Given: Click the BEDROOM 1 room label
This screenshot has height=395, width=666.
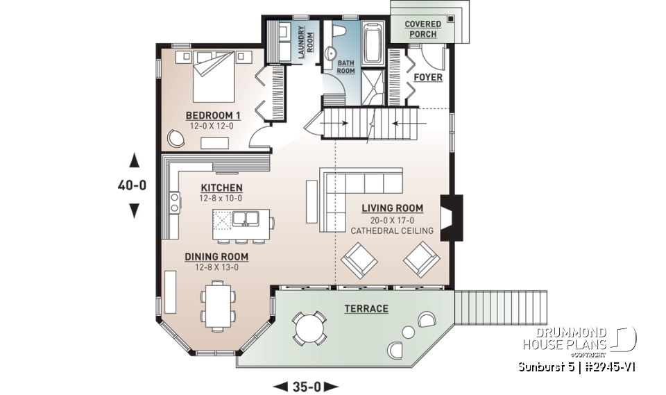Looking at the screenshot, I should [213, 115].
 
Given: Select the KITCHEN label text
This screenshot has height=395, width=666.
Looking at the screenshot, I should [221, 187].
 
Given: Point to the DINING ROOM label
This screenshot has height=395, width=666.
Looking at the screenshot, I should [216, 256].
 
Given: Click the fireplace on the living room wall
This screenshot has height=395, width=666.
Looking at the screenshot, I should [451, 217].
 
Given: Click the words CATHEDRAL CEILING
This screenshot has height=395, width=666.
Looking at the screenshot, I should [391, 230].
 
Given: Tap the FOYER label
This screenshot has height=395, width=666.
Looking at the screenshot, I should [428, 77].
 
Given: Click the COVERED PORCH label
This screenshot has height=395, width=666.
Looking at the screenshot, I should [424, 28].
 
